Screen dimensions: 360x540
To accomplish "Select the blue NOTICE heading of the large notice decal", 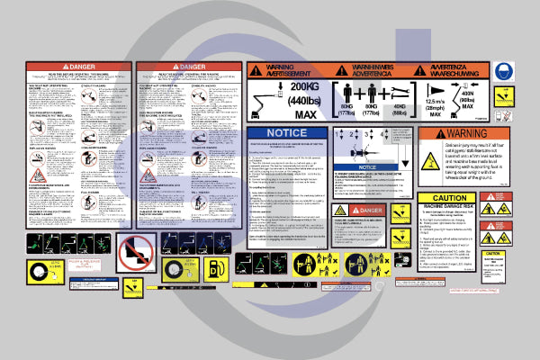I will (x=287, y=132).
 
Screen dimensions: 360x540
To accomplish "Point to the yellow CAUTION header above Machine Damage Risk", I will (x=449, y=198).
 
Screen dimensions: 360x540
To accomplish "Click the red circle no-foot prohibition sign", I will (x=135, y=251).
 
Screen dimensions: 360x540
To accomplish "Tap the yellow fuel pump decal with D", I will (x=217, y=268).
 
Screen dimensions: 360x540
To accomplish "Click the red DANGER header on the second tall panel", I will (x=187, y=67).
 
